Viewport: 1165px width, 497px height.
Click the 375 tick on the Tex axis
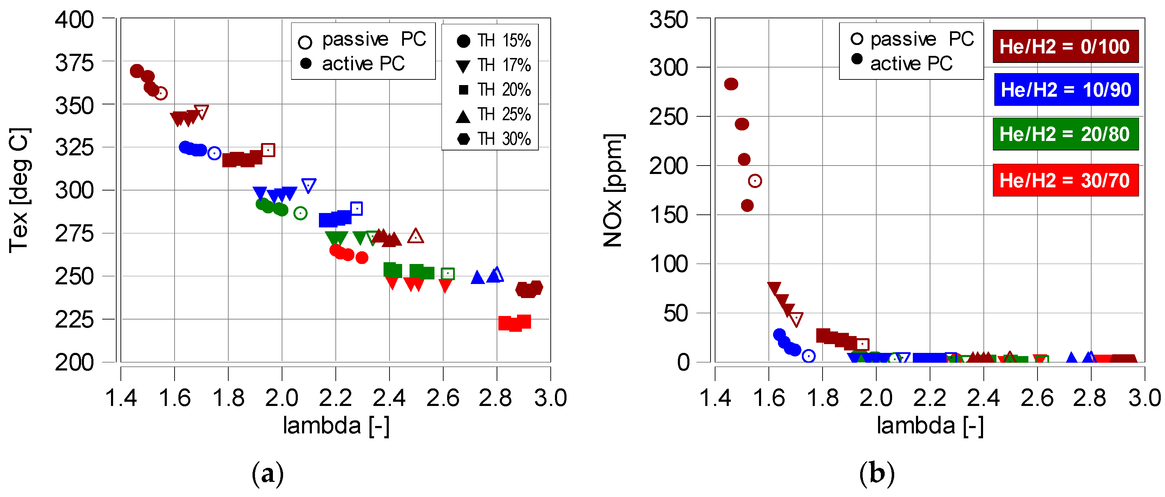tap(74, 63)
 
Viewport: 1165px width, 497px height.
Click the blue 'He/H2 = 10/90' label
tap(1066, 90)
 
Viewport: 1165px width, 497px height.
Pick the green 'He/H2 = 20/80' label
tap(1065, 134)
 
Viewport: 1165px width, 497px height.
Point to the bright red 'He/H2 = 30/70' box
tap(1065, 180)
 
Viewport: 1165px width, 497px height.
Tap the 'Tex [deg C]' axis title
tap(19, 190)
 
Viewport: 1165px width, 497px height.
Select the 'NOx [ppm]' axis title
tap(614, 190)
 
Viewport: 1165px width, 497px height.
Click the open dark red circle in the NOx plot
tap(755, 181)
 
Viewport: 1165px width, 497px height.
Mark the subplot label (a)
tap(268, 474)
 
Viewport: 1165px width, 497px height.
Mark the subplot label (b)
tap(876, 474)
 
